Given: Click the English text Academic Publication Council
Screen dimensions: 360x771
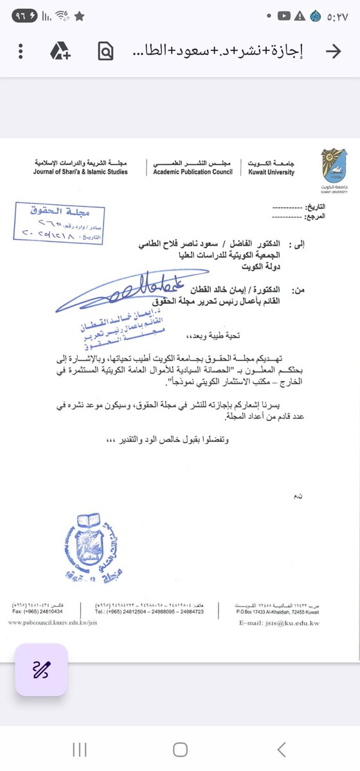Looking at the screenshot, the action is (x=194, y=172).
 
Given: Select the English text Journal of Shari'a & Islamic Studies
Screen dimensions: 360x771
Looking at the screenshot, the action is (x=81, y=172).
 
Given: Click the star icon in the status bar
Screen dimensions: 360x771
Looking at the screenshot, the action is (x=79, y=14).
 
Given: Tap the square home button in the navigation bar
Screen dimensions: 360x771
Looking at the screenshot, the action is (x=180, y=749).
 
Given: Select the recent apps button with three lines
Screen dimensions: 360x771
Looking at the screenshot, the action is (x=80, y=749).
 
